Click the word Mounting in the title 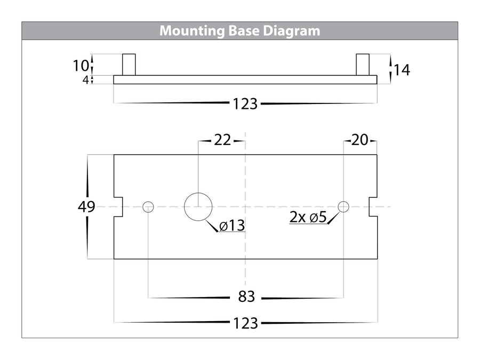[186, 30]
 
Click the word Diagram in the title [293, 30]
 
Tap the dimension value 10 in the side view [81, 66]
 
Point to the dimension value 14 [402, 69]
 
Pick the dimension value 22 [222, 140]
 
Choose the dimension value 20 [360, 140]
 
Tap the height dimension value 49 [85, 206]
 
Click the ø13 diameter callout [231, 226]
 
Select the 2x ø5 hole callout [308, 218]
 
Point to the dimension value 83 [245, 297]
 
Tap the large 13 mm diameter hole [198, 206]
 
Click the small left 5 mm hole [148, 206]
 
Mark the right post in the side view [363, 65]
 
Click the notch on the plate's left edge [119, 206]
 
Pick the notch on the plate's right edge [373, 206]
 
